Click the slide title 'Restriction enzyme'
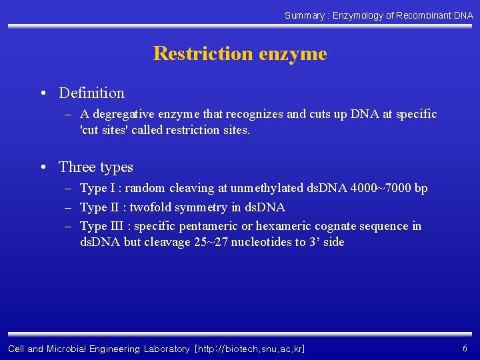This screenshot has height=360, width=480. (240, 53)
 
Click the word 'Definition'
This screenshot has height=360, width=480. (91, 93)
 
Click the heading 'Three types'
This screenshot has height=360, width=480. (96, 167)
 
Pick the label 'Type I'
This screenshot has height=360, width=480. (97, 189)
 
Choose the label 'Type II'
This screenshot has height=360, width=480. (99, 207)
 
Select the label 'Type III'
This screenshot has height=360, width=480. (101, 226)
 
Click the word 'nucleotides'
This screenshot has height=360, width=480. (256, 242)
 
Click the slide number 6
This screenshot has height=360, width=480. (465, 349)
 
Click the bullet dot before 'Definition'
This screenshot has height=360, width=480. (42, 94)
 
